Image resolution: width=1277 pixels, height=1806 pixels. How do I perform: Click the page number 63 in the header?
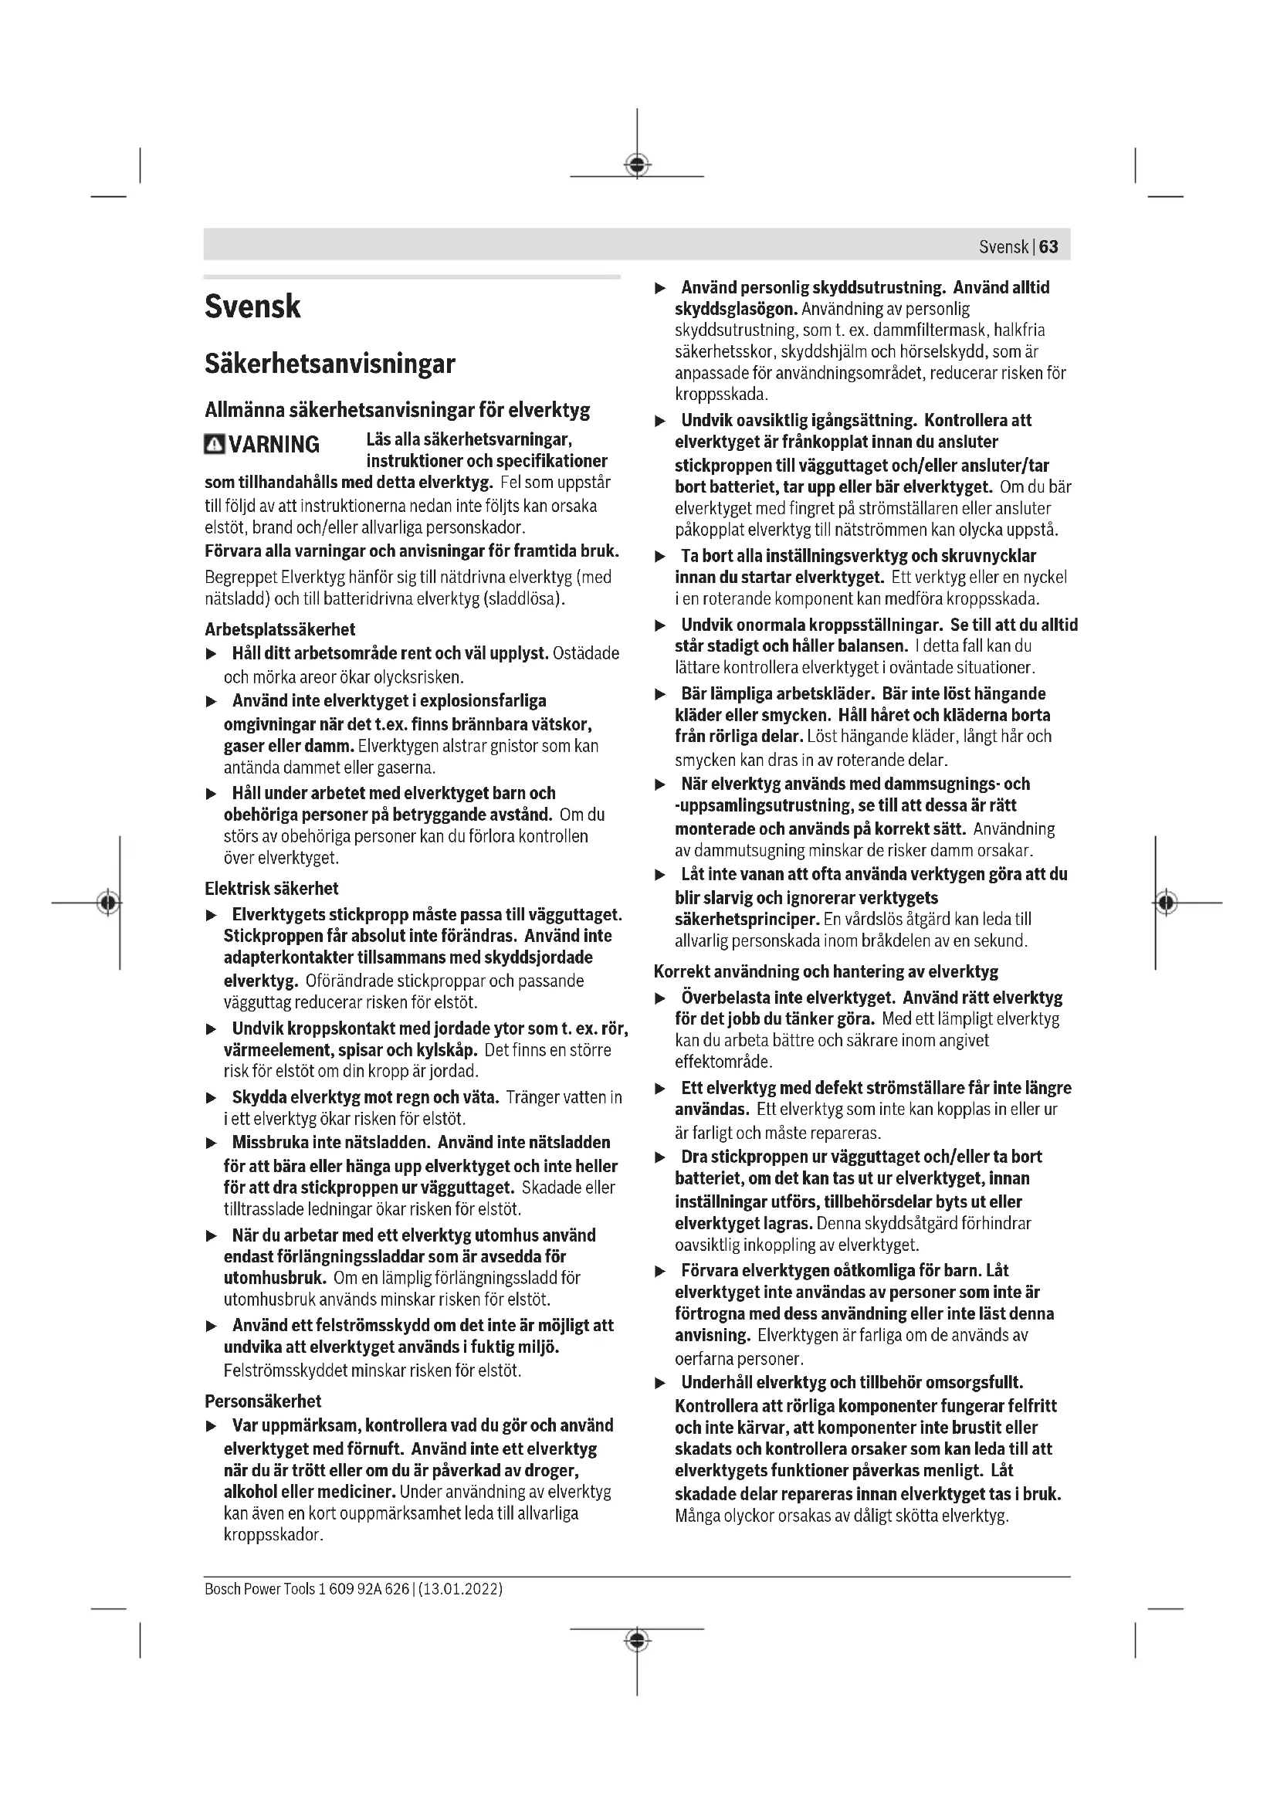point(1048,247)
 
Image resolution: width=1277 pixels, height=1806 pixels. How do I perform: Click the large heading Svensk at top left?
point(252,307)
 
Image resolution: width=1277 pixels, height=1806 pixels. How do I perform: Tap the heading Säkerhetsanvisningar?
point(330,364)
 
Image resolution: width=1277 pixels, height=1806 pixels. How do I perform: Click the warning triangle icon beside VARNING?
point(214,445)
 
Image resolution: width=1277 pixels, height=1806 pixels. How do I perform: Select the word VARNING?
point(274,445)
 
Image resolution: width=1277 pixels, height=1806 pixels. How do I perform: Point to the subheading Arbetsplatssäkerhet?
point(280,629)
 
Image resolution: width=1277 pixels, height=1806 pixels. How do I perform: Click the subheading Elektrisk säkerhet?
point(271,888)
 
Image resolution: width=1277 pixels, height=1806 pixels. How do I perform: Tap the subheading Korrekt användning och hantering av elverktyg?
point(825,971)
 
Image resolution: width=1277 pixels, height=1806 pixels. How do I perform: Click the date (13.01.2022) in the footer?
point(461,1588)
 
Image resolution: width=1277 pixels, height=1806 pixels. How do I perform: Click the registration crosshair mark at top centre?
point(637,164)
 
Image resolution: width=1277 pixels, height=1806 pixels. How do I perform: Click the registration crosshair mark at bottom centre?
point(637,1640)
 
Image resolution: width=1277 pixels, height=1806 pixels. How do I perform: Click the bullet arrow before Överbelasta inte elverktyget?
point(661,999)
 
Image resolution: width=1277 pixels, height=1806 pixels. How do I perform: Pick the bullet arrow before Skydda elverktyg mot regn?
point(211,1098)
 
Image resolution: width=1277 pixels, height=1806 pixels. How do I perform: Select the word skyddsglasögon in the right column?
point(736,309)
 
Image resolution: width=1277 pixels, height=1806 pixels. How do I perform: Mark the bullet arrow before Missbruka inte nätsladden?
point(211,1143)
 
